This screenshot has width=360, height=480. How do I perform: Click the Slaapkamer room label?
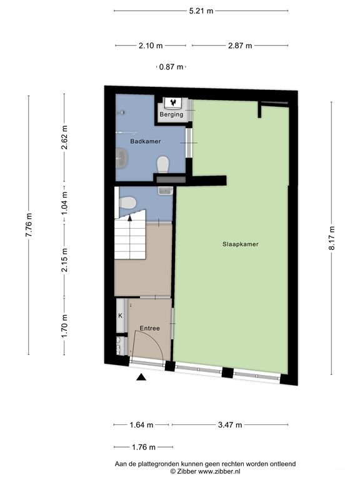pyautogui.click(x=240, y=244)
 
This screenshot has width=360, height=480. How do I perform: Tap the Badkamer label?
pyautogui.click(x=146, y=141)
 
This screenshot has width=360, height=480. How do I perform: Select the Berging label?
pyautogui.click(x=171, y=114)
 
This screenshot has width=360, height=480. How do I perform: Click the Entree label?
pyautogui.click(x=150, y=328)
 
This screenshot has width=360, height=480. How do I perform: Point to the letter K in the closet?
pyautogui.click(x=120, y=316)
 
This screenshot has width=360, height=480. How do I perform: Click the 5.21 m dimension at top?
pyautogui.click(x=201, y=11)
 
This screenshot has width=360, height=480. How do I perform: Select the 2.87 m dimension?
pyautogui.click(x=240, y=46)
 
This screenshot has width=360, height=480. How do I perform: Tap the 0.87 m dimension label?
pyautogui.click(x=171, y=67)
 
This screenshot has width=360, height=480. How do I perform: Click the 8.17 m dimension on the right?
pyautogui.click(x=332, y=238)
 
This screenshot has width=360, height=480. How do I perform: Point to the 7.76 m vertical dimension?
pyautogui.click(x=29, y=225)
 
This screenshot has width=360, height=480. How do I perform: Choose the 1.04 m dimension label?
pyautogui.click(x=64, y=202)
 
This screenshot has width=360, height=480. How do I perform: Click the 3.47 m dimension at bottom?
pyautogui.click(x=230, y=425)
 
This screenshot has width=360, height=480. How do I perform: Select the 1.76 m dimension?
pyautogui.click(x=144, y=447)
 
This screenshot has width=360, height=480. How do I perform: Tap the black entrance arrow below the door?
pyautogui.click(x=141, y=377)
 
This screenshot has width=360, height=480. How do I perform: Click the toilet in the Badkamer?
pyautogui.click(x=163, y=165)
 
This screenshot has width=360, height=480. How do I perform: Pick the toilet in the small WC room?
pyautogui.click(x=127, y=202)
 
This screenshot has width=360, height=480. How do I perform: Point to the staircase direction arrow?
pyautogui.click(x=130, y=217)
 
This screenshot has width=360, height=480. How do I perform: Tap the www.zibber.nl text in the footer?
pyautogui.click(x=219, y=471)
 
